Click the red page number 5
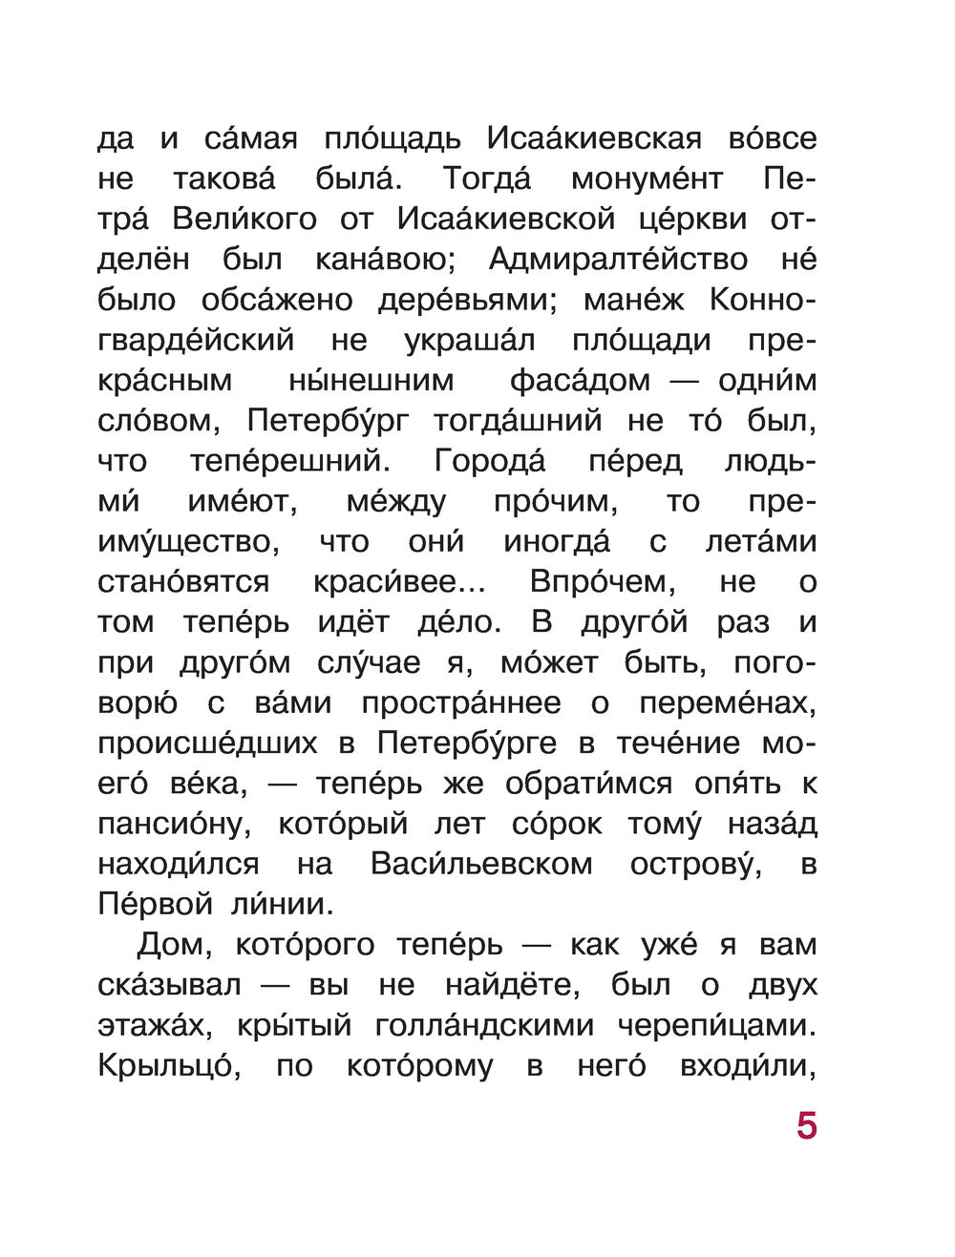[807, 1126]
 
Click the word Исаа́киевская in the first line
[595, 139]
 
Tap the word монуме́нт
[647, 180]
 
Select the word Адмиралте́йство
[618, 261]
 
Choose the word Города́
[490, 462]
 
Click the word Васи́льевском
[481, 865]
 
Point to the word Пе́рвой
[153, 904]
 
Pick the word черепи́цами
[717, 1026]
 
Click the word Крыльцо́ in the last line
[165, 1066]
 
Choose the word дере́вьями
[461, 301]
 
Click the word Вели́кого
[244, 220]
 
